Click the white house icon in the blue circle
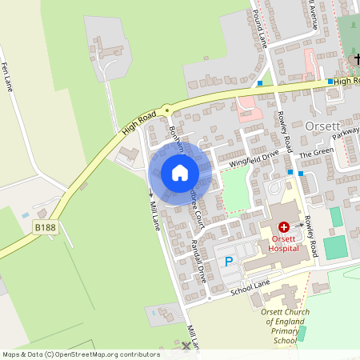coord(180,173)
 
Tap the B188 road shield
coord(45,228)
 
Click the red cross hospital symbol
coord(284,228)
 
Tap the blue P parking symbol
coord(229,261)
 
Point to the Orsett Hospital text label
coord(284,243)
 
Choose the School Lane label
coord(251,286)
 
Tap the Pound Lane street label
coord(258,20)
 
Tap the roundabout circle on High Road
coord(166,110)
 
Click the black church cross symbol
coord(355,60)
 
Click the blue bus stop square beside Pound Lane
coord(260,83)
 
